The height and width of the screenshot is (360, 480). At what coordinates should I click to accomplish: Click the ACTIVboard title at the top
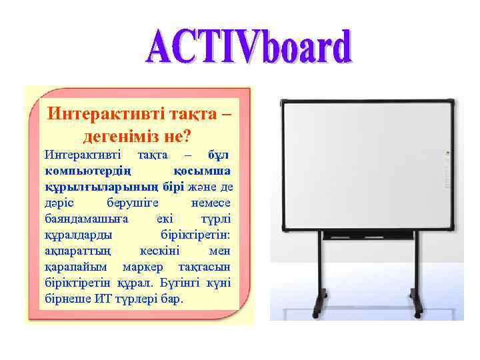[x=249, y=48]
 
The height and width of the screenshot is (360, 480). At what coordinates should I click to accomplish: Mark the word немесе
[x=211, y=202]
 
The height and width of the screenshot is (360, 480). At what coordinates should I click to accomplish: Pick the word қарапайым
[x=75, y=267]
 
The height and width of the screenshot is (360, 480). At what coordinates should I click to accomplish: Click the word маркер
[x=142, y=267]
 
